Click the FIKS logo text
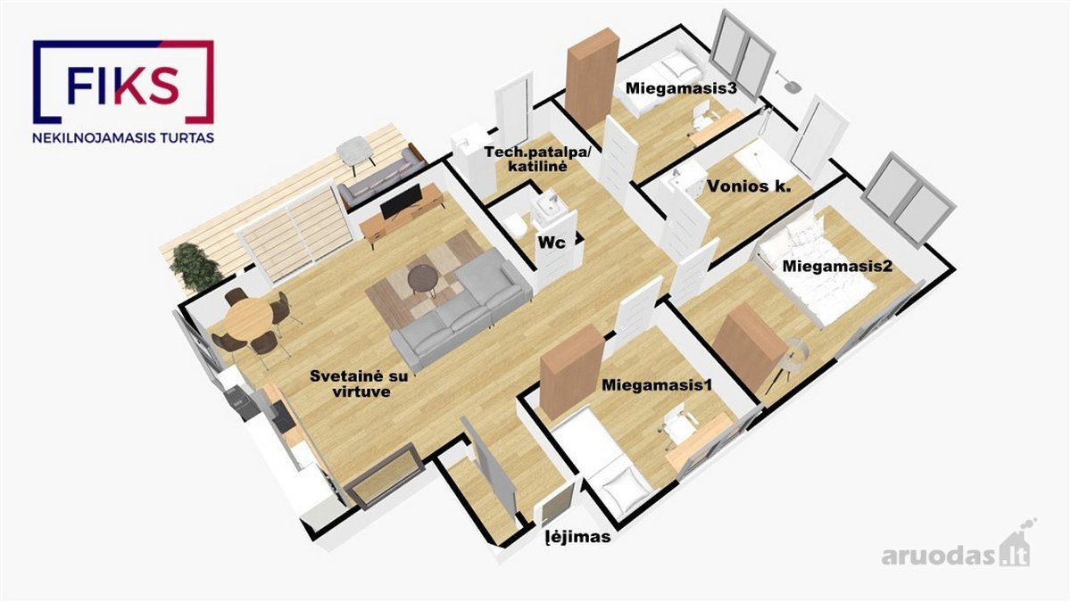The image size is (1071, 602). click(123, 86)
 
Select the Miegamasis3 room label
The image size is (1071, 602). click(681, 88)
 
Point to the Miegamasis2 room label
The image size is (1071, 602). click(837, 266)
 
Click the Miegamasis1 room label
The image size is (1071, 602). click(657, 384)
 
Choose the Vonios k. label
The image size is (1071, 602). click(749, 186)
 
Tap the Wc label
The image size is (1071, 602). click(552, 243)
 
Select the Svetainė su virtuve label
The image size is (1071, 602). click(359, 383)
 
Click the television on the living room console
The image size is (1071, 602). click(402, 202)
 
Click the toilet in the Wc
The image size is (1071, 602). click(517, 227)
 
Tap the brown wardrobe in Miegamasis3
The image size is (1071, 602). click(591, 77)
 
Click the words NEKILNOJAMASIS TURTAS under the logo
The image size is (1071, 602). click(123, 138)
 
